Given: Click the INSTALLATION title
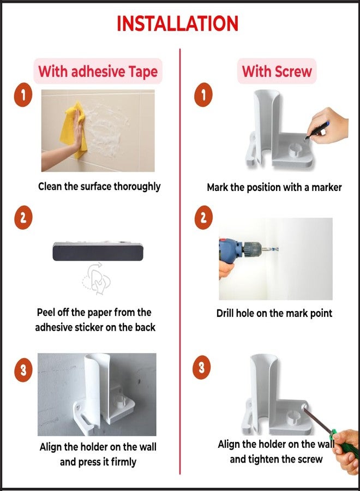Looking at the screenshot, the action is pos(177,23).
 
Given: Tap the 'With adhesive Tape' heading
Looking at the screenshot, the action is pos(98,71).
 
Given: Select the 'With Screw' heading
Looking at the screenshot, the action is pos(277,71).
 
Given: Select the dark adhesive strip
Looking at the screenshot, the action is pos(98,252).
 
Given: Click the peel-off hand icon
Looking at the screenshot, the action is pos(97,279).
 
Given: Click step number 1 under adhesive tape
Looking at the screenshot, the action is pos(23,95).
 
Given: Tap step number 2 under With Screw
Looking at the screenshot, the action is pos(203,217).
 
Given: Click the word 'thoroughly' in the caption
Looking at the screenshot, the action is pos(137,187).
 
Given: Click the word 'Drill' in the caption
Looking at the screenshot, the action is pos(225,313).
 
